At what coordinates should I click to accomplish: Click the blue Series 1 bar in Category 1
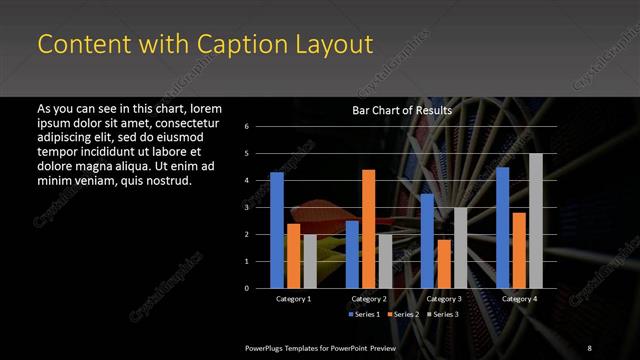coord(277,230)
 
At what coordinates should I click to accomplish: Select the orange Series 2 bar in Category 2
coord(368,228)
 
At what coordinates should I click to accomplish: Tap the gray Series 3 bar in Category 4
coord(535,220)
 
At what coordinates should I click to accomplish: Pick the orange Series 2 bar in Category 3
coord(443,263)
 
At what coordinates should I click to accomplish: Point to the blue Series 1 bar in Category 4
coord(503,227)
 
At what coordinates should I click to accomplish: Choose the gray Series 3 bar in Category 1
coord(310,261)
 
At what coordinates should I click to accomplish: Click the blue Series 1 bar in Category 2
coord(352,254)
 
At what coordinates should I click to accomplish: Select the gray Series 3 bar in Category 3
coord(460,247)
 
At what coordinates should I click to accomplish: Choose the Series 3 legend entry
coord(440,314)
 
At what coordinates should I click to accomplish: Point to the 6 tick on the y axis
coord(260,126)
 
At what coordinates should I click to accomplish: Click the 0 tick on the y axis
coord(260,288)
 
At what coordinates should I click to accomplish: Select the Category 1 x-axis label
coord(293,299)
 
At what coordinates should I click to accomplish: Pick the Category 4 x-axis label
coord(518,299)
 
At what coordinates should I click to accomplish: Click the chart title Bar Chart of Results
coord(402,110)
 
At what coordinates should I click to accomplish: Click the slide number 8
coord(589,346)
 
